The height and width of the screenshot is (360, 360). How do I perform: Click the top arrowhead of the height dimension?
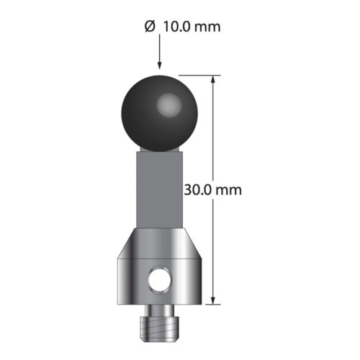(x=213, y=80)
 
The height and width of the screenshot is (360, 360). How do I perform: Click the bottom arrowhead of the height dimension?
(x=213, y=301)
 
